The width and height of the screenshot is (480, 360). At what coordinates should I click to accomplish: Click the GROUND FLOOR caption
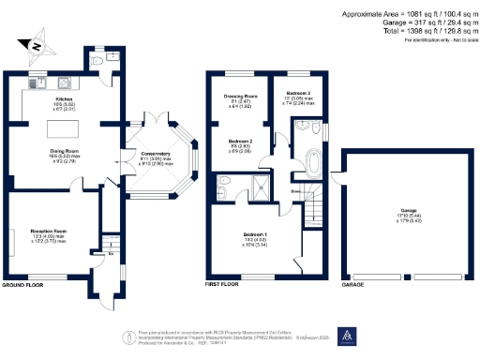click(x=23, y=284)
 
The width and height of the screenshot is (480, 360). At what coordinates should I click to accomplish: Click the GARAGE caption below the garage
click(x=353, y=284)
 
